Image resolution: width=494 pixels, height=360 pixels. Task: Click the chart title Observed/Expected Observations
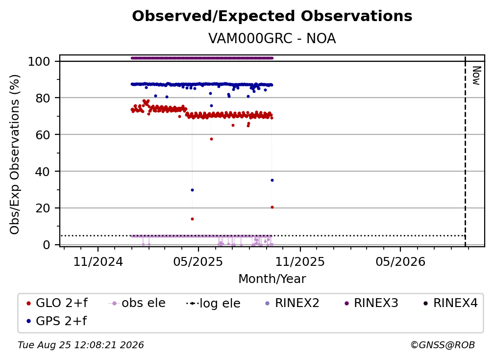tap(272, 16)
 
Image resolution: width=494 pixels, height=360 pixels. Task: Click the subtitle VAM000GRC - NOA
tap(272, 38)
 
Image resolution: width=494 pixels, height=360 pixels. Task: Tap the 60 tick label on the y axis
tap(43, 135)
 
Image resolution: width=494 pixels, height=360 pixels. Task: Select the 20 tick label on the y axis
tap(43, 208)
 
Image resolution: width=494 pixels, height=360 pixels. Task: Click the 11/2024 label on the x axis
tap(98, 261)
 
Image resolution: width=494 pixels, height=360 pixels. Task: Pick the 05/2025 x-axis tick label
tap(198, 261)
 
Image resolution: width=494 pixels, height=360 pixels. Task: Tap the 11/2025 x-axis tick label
tap(300, 261)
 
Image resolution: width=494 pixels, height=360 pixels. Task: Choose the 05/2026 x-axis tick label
tap(400, 261)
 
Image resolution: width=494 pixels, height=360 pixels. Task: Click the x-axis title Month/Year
tap(272, 279)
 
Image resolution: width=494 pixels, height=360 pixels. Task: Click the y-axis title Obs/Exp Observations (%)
tap(15, 154)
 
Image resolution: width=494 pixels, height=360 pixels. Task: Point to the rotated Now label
tap(476, 76)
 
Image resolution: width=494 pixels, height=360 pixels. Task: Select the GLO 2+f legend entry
tap(57, 303)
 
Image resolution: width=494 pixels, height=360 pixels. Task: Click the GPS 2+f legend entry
tap(57, 321)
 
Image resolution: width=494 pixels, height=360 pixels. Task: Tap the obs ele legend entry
tap(137, 303)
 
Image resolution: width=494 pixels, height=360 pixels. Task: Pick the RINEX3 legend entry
tap(371, 303)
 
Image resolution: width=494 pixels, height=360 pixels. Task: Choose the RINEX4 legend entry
tap(451, 303)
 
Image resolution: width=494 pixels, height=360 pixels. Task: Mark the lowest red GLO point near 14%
tap(192, 219)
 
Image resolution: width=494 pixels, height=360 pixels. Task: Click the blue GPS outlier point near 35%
tap(272, 180)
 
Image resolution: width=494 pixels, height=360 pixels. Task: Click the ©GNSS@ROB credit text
tap(443, 345)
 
